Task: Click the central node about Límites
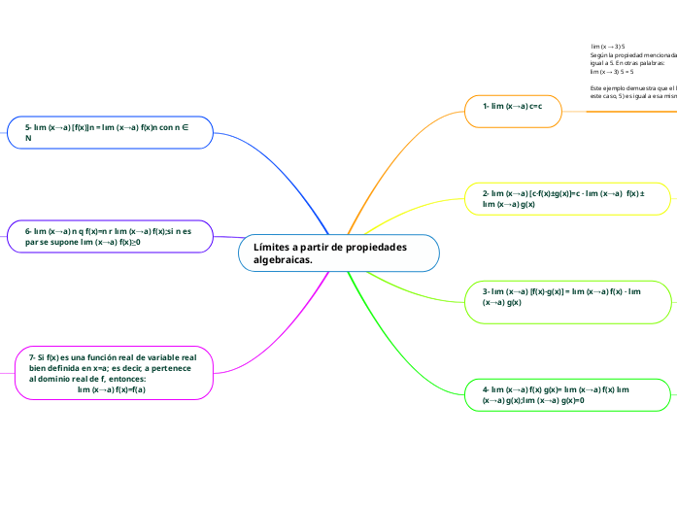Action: [338, 253]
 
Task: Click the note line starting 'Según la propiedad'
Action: [631, 55]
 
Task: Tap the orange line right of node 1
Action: [622, 112]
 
